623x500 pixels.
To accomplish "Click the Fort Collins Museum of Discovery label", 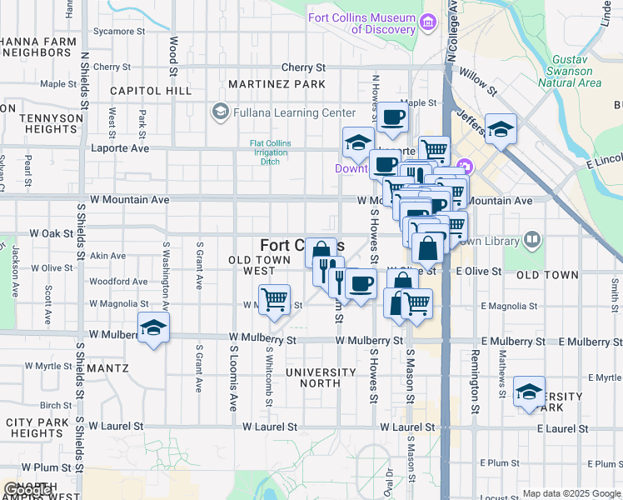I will pyautogui.click(x=361, y=23).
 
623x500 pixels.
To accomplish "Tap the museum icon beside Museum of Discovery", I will pyautogui.click(x=430, y=23).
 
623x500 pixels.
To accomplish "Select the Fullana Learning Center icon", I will pyautogui.click(x=221, y=112).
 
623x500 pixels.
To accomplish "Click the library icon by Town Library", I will pyautogui.click(x=531, y=241).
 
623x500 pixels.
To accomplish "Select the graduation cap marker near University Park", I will pyautogui.click(x=529, y=392).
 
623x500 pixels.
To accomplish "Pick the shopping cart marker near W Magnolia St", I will pyautogui.click(x=274, y=299).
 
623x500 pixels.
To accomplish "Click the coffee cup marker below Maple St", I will pyautogui.click(x=392, y=117).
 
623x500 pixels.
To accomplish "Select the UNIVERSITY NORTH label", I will pyautogui.click(x=313, y=377).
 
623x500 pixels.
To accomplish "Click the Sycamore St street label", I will pyautogui.click(x=119, y=31).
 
